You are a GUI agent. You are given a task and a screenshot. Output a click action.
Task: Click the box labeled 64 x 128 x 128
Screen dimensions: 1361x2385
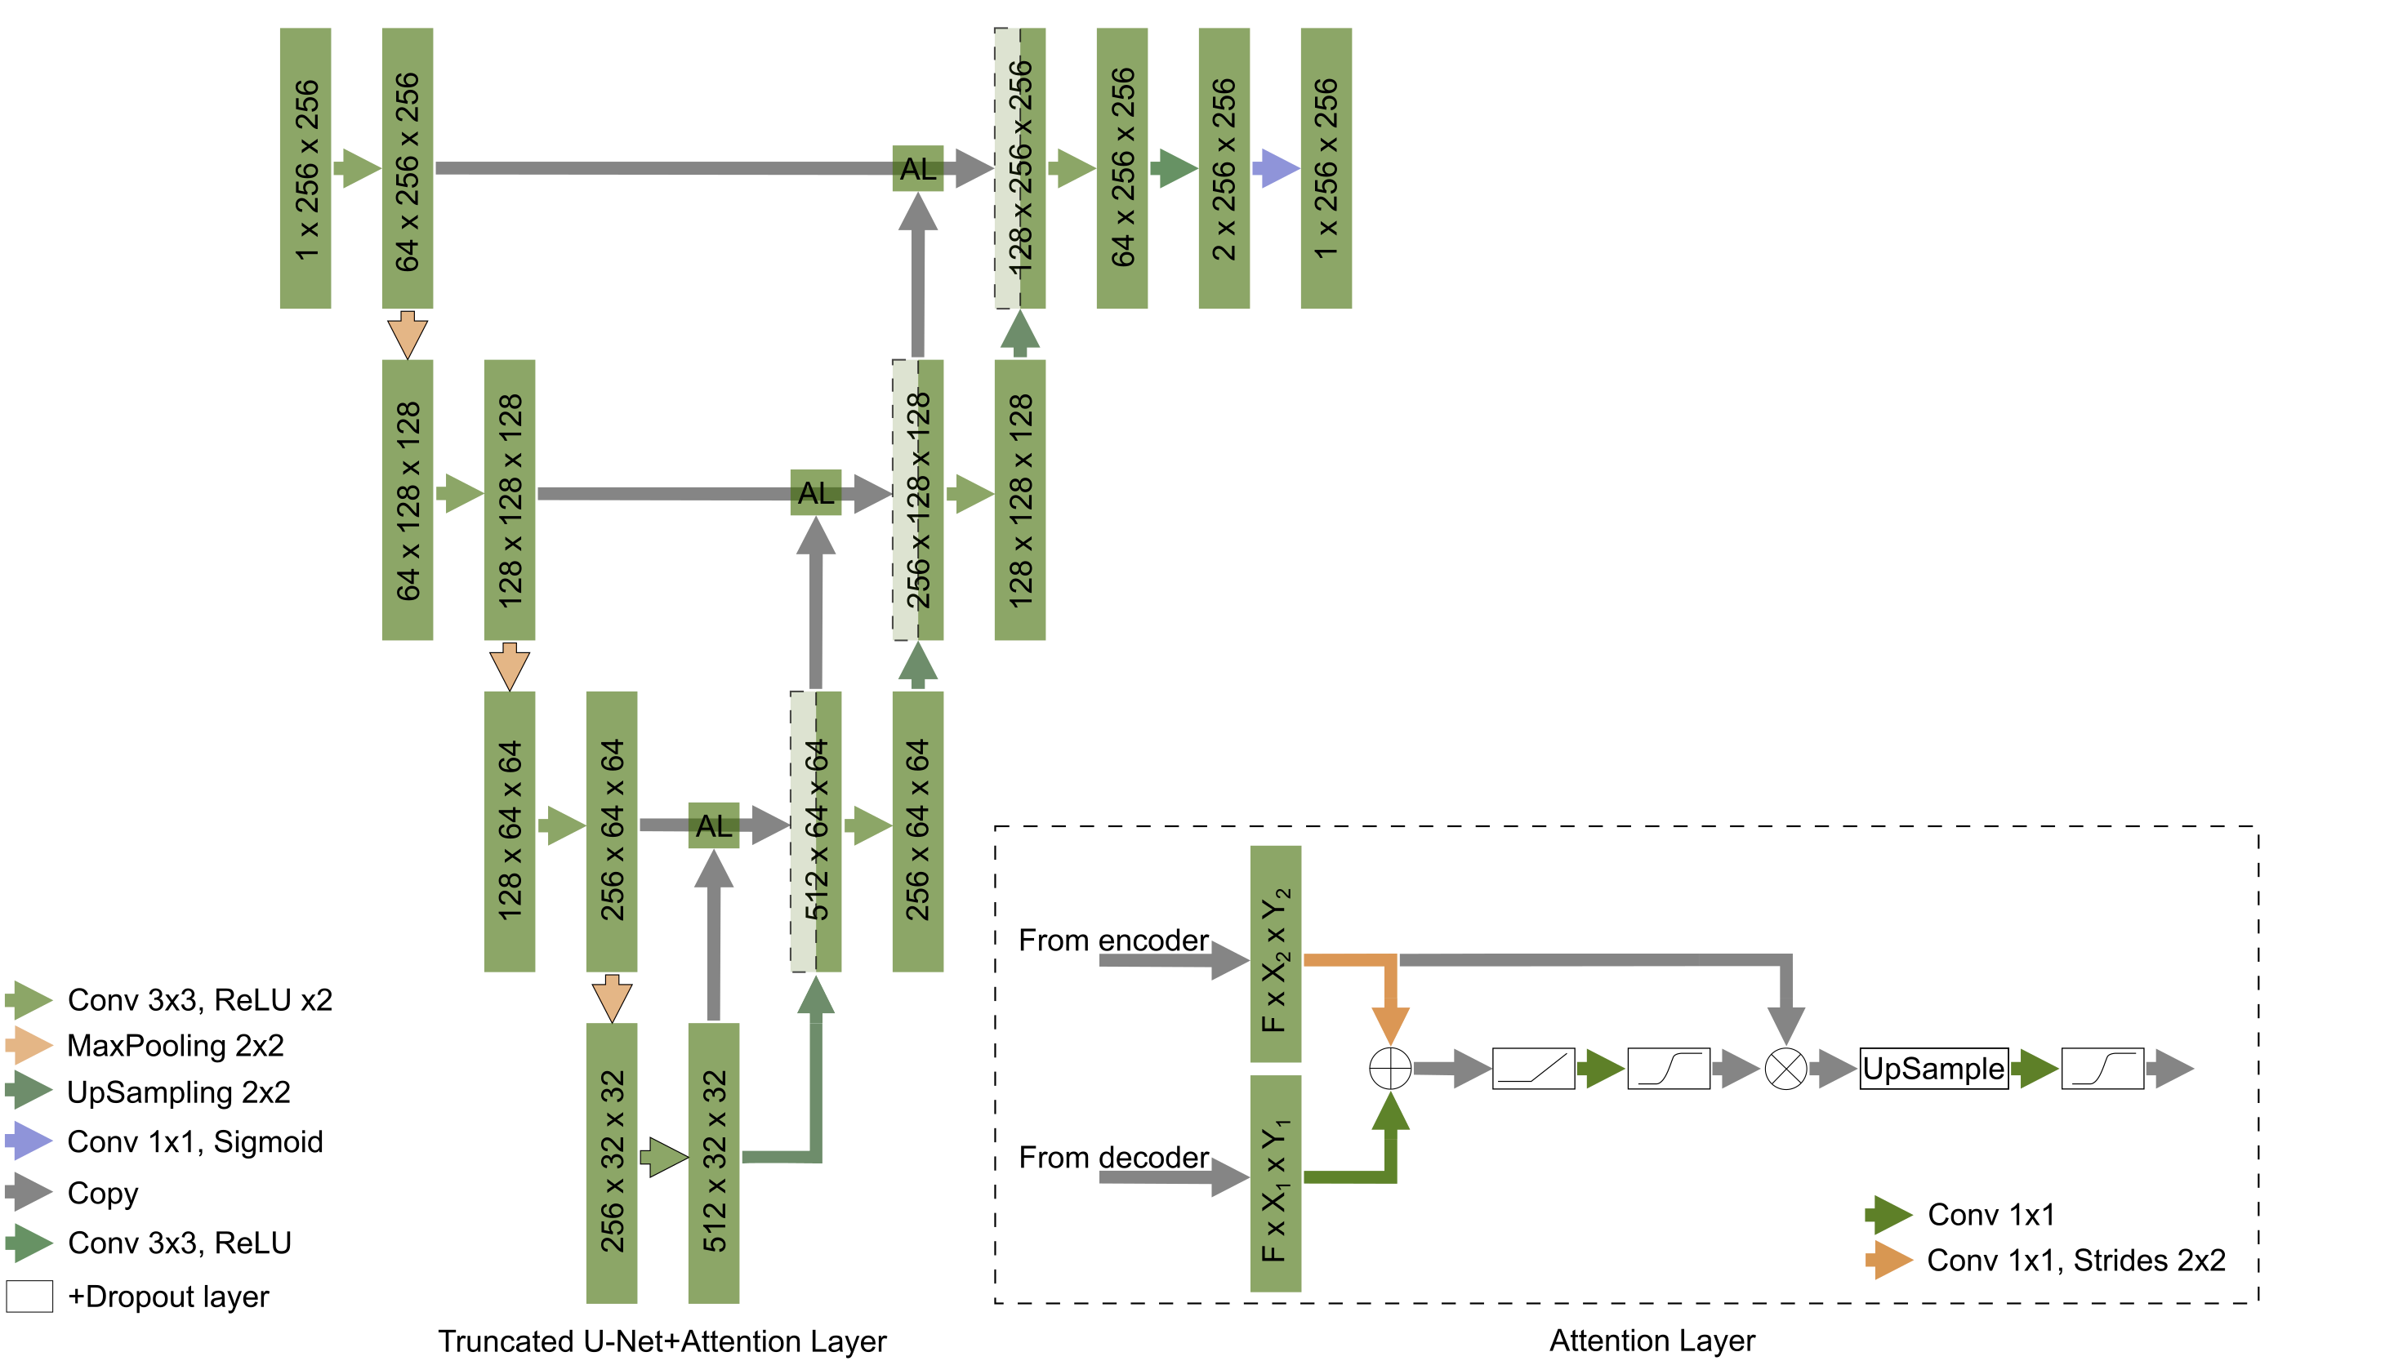pos(407,500)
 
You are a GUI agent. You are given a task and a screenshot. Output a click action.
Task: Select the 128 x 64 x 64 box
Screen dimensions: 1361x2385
pos(509,831)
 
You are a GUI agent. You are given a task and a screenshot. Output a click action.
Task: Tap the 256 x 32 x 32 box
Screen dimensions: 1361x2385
pos(612,1163)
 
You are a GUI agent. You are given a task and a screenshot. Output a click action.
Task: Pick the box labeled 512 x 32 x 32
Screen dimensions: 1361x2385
pos(713,1163)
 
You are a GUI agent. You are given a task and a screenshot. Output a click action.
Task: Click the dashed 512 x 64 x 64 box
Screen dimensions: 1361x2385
pos(815,831)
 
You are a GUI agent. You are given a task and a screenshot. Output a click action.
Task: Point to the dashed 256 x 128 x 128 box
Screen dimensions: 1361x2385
pos(917,500)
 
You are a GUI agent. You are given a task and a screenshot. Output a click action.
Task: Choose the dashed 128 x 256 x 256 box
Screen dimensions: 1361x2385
pos(1019,168)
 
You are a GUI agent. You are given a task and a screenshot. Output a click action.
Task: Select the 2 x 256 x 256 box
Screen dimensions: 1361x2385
pos(1224,168)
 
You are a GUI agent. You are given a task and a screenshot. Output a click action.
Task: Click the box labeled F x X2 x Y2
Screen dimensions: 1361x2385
pos(1275,954)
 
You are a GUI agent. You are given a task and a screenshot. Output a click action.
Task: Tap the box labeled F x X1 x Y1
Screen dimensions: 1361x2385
pos(1275,1183)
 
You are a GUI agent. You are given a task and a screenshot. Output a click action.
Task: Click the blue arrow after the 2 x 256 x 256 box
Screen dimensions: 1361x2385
pos(1275,168)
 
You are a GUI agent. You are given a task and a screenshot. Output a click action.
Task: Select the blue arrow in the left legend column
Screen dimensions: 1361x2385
pos(29,1141)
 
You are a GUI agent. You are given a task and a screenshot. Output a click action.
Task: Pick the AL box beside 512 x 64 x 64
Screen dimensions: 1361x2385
pos(713,825)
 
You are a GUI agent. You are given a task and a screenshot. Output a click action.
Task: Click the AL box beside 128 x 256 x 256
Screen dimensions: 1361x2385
pos(917,168)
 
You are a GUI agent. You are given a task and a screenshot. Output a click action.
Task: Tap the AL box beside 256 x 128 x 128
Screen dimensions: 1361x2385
pos(815,492)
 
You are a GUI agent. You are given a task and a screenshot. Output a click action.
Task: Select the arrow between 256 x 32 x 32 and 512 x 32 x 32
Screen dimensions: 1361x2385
pos(663,1157)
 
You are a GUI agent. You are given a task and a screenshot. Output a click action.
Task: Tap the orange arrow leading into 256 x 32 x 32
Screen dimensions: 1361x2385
pos(612,998)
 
